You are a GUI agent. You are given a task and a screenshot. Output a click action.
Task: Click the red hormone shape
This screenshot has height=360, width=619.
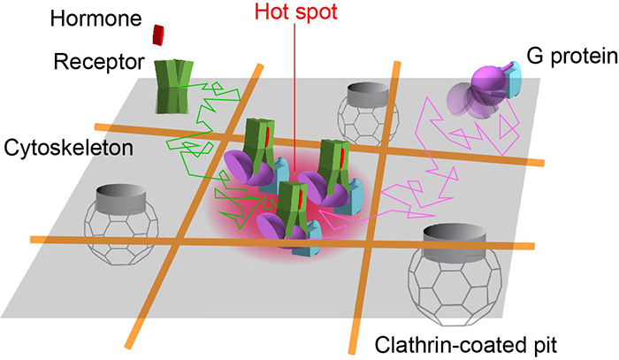point(158,34)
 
